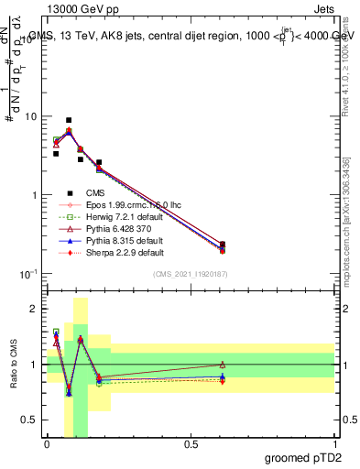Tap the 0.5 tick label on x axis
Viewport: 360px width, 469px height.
(x=191, y=443)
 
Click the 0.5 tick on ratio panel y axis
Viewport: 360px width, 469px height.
(x=30, y=420)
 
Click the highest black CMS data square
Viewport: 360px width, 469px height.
(x=69, y=120)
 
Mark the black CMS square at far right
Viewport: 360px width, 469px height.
(x=223, y=245)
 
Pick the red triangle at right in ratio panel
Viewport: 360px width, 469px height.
(x=223, y=365)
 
